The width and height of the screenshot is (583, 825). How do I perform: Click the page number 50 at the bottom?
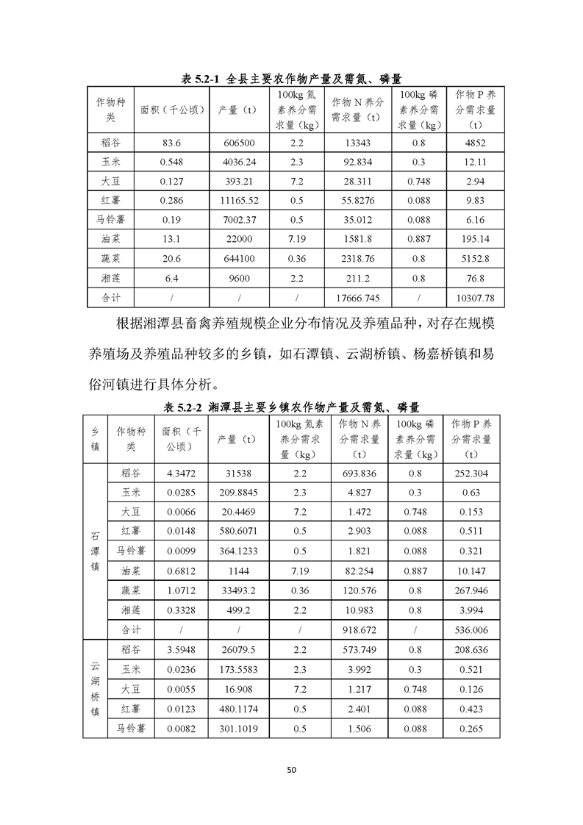click(x=291, y=770)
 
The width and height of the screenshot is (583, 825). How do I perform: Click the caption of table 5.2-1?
click(x=291, y=78)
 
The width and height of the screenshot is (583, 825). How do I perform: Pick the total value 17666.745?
click(x=356, y=296)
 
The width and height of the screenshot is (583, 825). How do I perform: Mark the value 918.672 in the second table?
click(x=360, y=630)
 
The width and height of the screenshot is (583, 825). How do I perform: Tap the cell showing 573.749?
click(x=360, y=649)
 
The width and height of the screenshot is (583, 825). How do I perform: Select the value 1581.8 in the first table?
click(x=356, y=238)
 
